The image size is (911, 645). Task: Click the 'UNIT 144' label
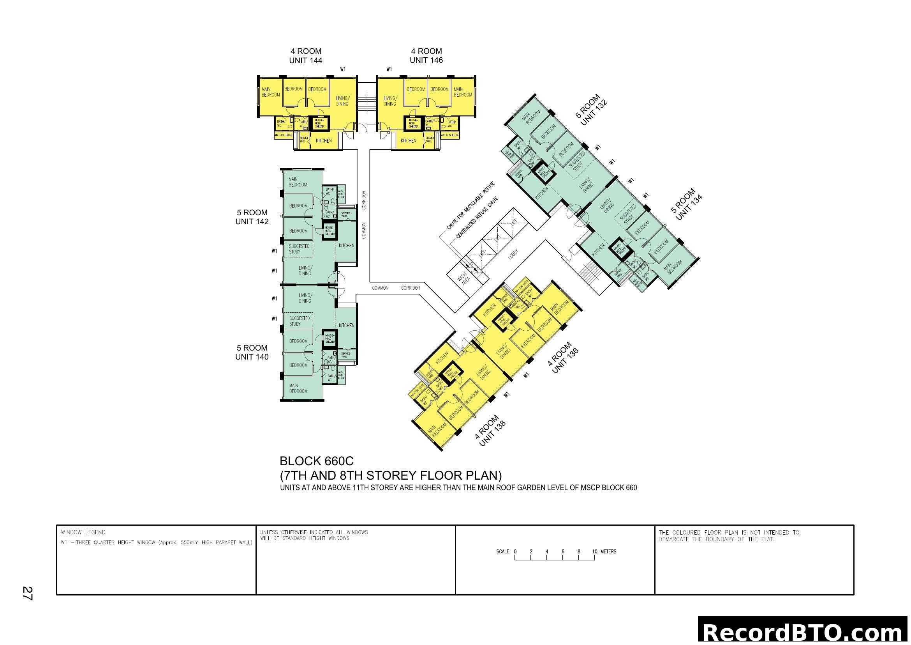(x=305, y=60)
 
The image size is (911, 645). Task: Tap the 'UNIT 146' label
(x=426, y=60)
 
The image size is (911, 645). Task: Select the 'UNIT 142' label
(x=252, y=221)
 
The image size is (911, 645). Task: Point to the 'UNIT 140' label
(x=252, y=357)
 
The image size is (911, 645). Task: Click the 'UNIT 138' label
(x=492, y=433)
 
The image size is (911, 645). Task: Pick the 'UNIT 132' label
(x=594, y=114)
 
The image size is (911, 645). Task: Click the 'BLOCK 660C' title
(x=316, y=461)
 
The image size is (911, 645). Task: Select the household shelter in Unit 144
(x=320, y=123)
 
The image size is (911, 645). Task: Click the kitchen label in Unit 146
(x=408, y=141)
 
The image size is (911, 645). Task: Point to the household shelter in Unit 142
(x=330, y=231)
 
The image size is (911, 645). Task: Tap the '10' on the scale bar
(x=594, y=552)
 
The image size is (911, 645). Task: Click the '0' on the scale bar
(x=515, y=552)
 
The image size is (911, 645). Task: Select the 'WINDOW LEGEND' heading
(x=83, y=532)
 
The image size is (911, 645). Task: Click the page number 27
(x=27, y=594)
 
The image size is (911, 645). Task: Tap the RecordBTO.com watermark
(x=804, y=632)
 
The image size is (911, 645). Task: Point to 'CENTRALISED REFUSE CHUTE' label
(x=477, y=218)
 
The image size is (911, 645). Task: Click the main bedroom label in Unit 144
(x=271, y=92)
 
